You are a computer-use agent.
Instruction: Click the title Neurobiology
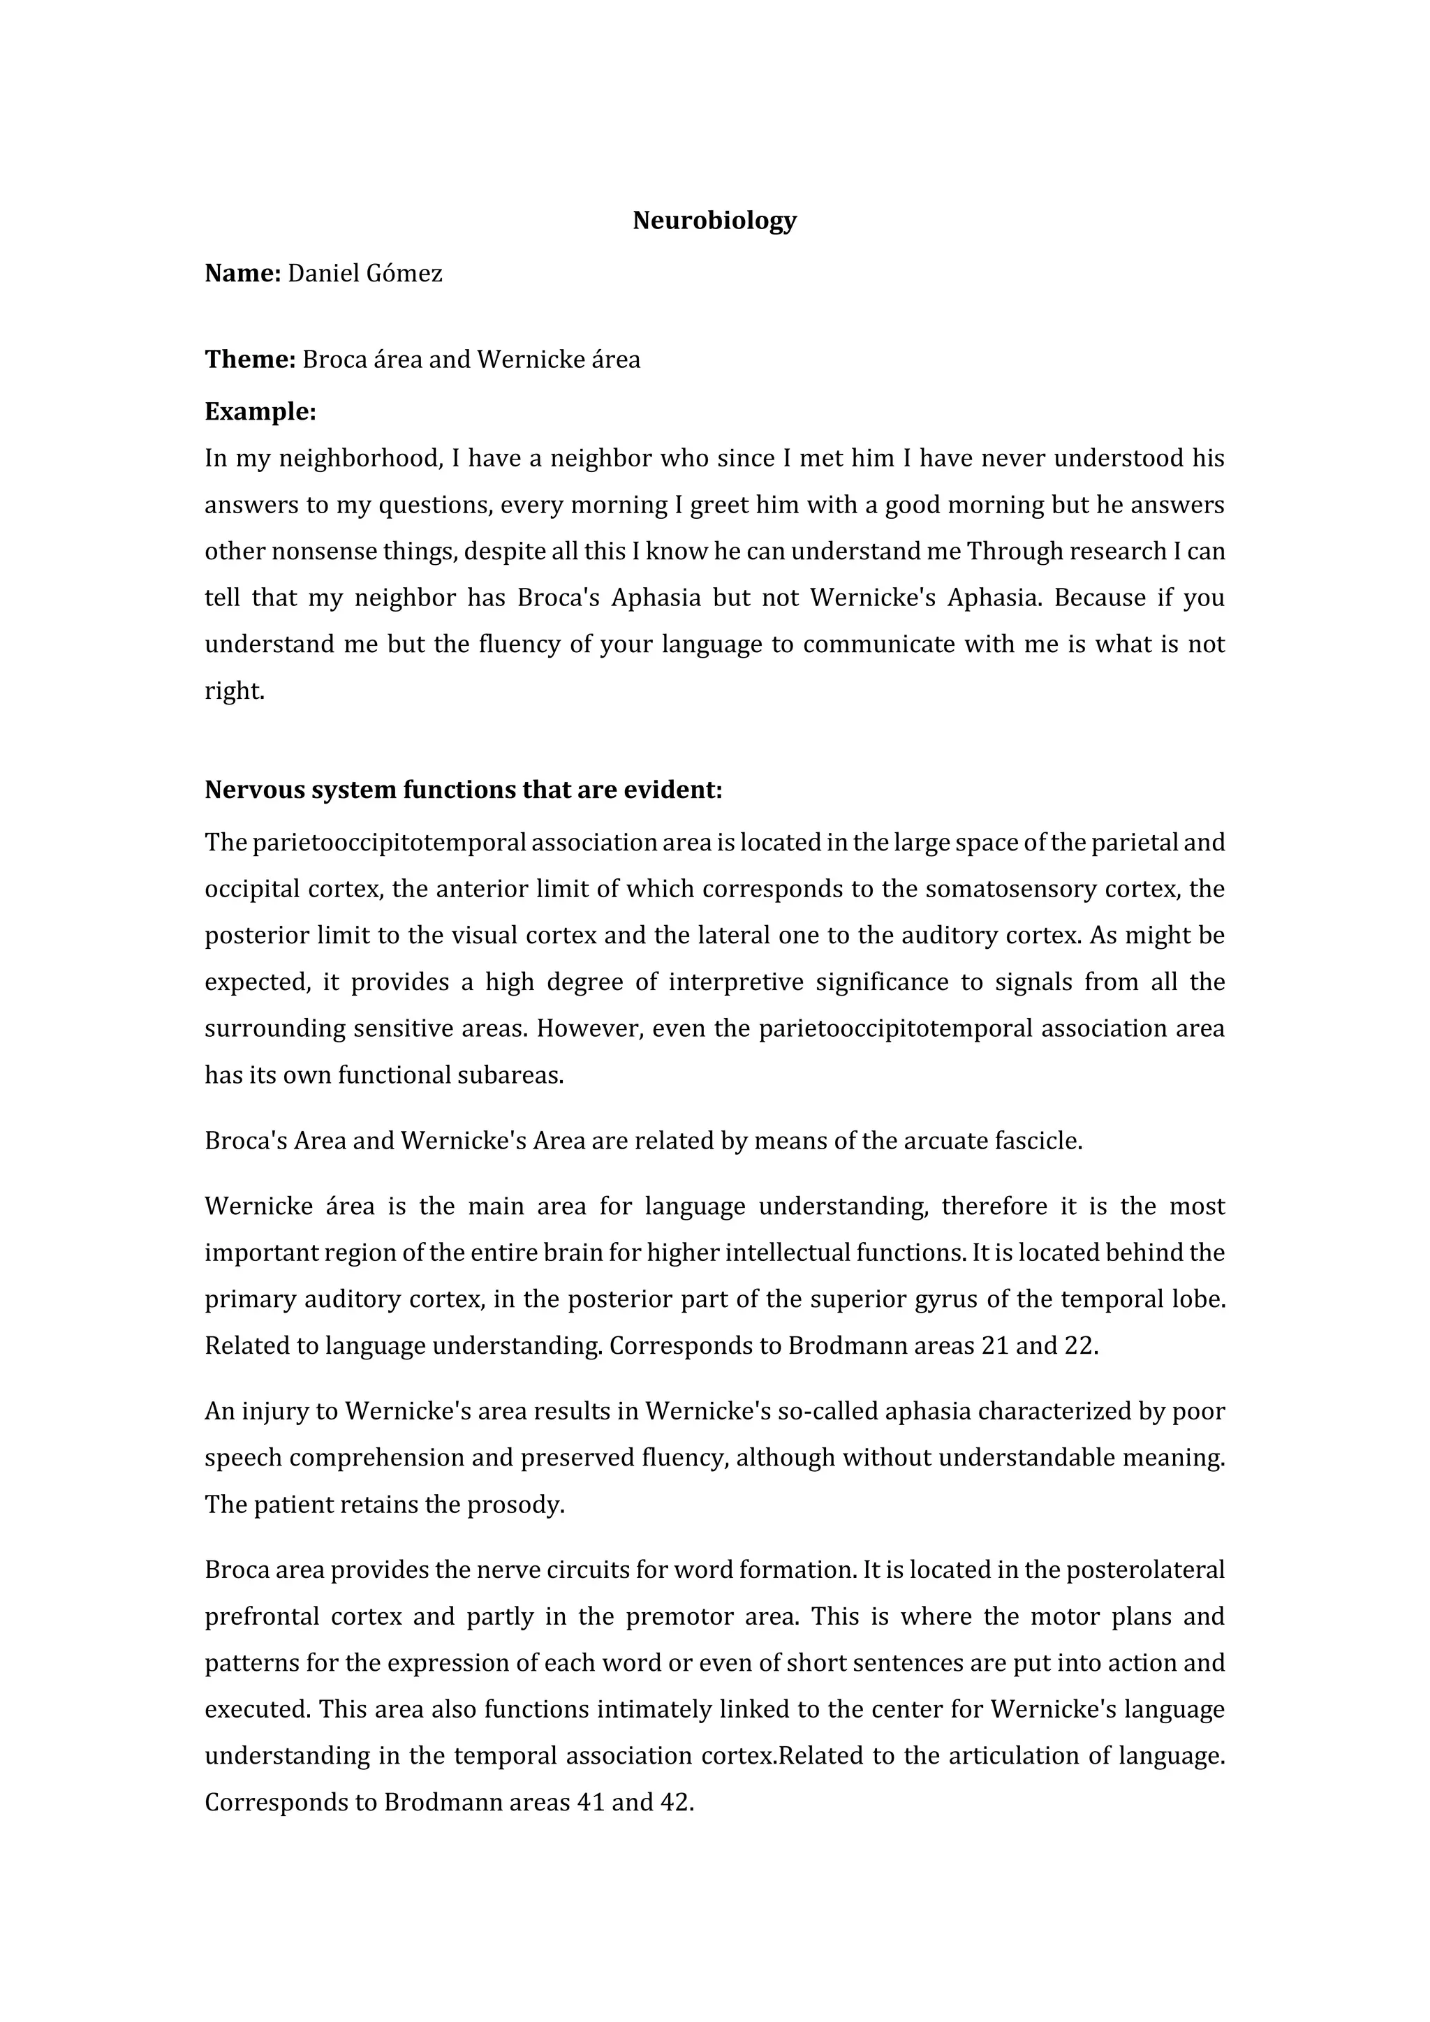714,220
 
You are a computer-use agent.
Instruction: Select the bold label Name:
242,274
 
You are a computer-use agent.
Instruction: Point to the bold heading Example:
260,412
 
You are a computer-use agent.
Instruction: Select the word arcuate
945,1142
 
